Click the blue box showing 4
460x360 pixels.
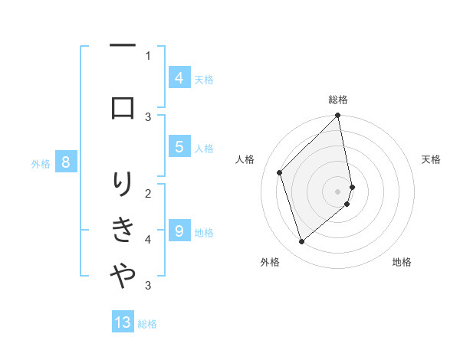pos(179,77)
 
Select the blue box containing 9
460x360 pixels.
pos(179,231)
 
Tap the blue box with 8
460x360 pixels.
pos(66,162)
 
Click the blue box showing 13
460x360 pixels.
pos(123,322)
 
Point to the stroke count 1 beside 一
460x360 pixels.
pos(148,55)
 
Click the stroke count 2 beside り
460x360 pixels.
pos(148,193)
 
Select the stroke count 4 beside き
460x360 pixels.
pos(148,240)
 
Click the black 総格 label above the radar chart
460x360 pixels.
pos(338,100)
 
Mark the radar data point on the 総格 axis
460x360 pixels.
pos(338,116)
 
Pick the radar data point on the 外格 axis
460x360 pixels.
pos(302,242)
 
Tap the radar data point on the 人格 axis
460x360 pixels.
pos(280,172)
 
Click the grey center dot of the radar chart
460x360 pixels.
pos(338,191)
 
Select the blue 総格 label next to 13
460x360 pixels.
pos(147,323)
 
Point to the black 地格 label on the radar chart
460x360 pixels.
pos(402,262)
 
